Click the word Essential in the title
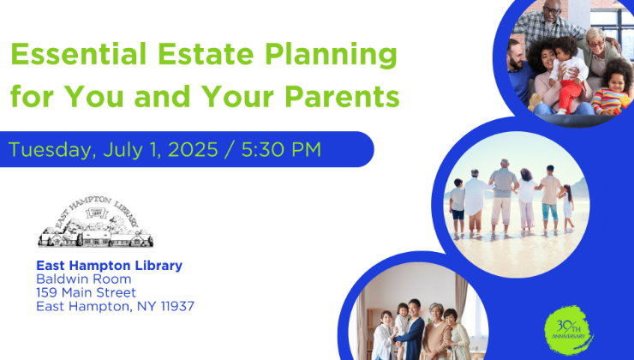pos(79,54)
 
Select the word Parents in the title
pos(342,97)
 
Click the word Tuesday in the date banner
pos(52,150)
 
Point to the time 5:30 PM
pos(281,149)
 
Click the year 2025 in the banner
pos(193,149)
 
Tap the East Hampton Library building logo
pos(96,222)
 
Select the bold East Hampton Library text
pos(109,266)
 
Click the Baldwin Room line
pos(84,279)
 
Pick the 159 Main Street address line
pos(87,292)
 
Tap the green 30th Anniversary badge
pos(569,331)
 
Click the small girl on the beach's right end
pos(567,207)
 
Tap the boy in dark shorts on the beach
pos(458,205)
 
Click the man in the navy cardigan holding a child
pos(411,330)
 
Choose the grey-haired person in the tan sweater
pos(436,332)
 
